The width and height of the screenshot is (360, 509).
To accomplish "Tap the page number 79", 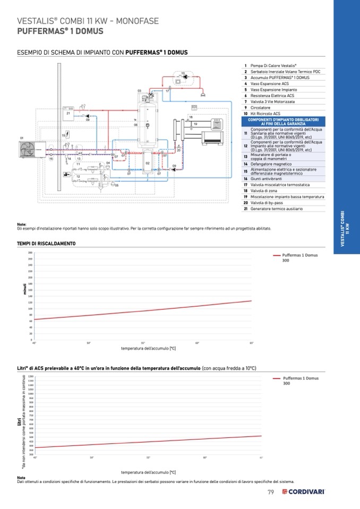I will pyautogui.click(x=270, y=492).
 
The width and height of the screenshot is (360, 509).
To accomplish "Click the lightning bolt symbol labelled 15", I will pyautogui.click(x=68, y=134).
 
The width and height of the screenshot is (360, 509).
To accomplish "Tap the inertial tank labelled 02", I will pyautogui.click(x=148, y=165).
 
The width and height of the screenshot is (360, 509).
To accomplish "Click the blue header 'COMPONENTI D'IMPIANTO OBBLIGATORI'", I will pyautogui.click(x=284, y=122).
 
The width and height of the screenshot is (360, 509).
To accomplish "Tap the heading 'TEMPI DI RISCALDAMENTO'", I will pyautogui.click(x=46, y=243).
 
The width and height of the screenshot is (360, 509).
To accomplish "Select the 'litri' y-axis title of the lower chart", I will pyautogui.click(x=19, y=421).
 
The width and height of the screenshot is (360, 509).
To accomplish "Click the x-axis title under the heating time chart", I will pyautogui.click(x=148, y=348).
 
